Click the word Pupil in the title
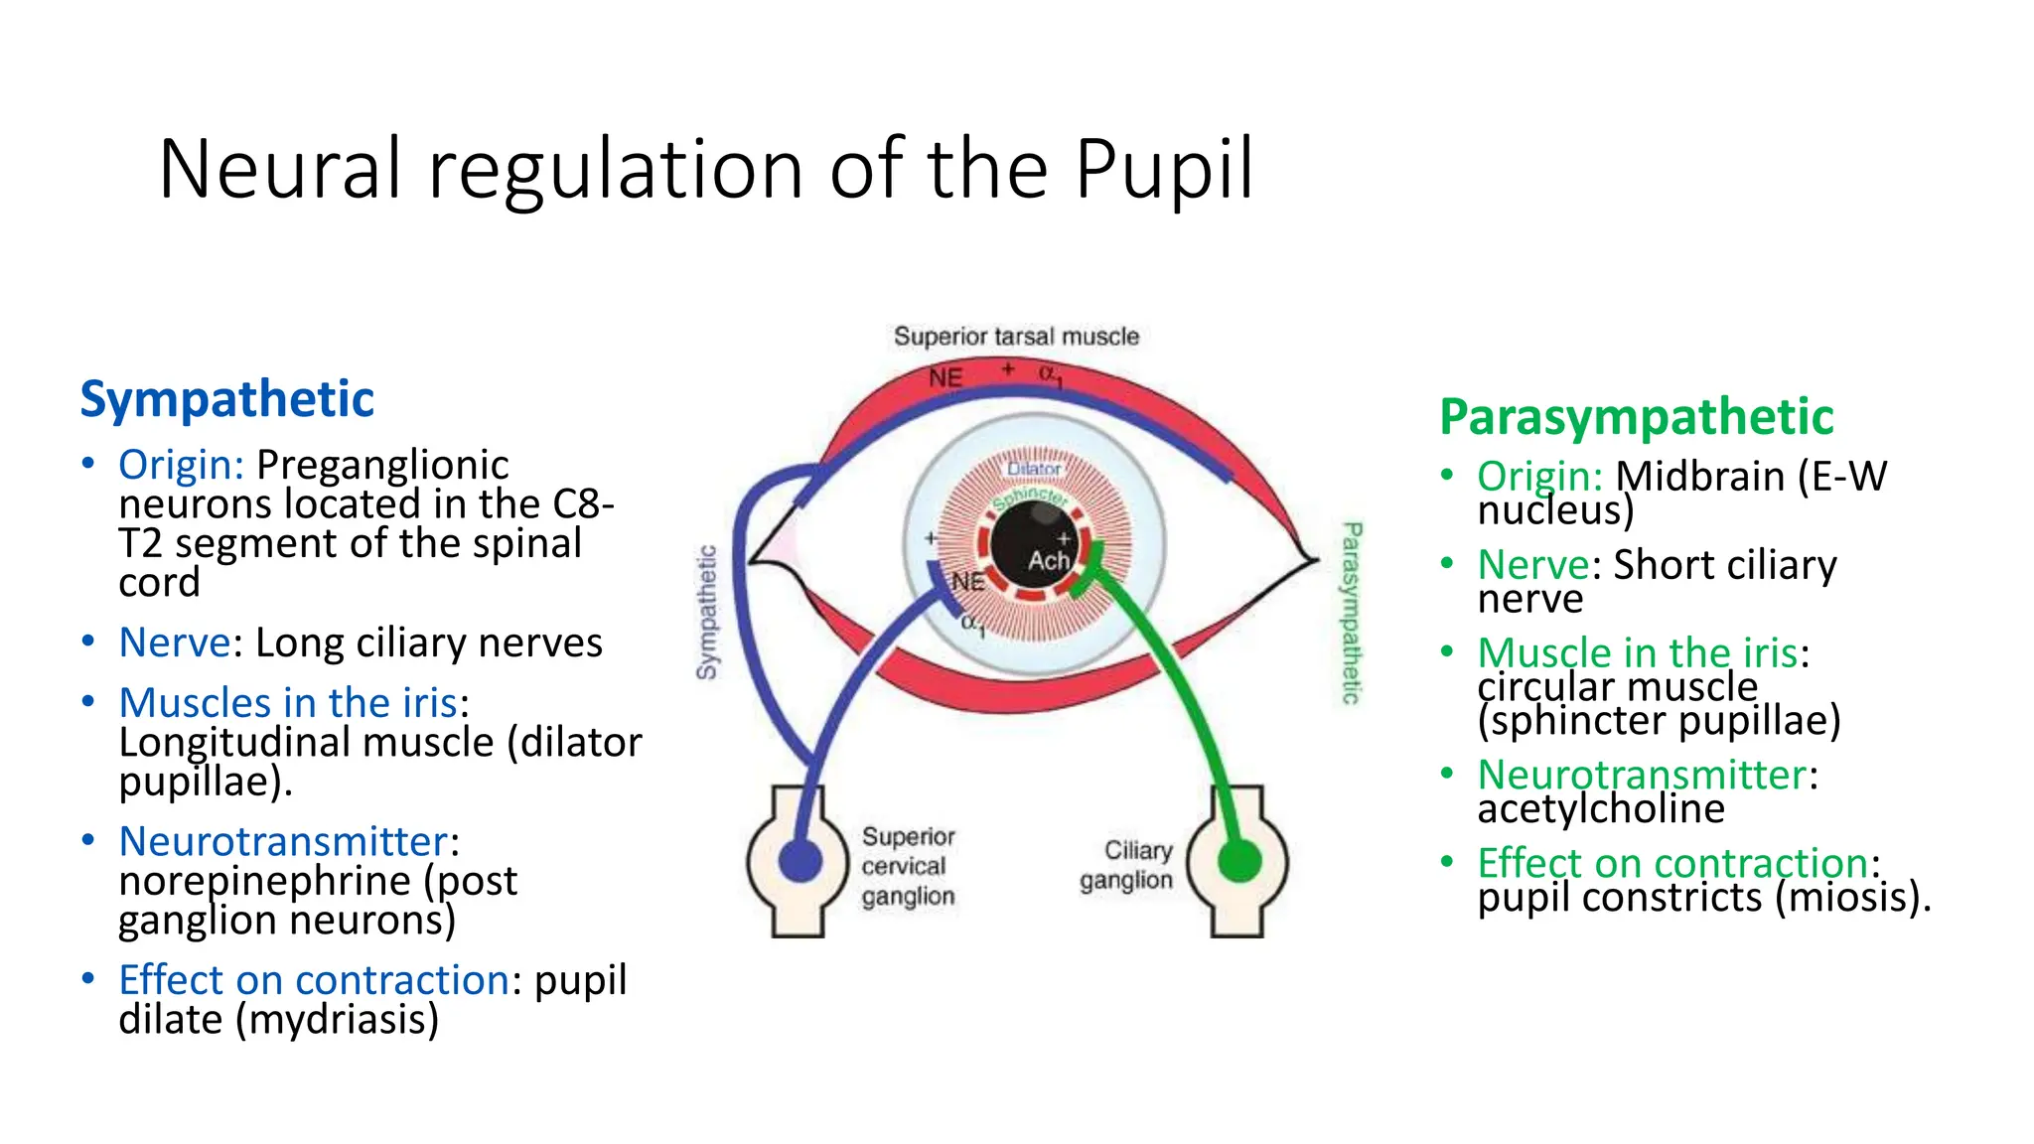(1164, 171)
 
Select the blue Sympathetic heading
(226, 399)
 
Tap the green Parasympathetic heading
(1636, 417)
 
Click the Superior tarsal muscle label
(1016, 337)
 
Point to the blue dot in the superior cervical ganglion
(799, 860)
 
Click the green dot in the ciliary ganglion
(1238, 860)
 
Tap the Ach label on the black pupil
(1048, 561)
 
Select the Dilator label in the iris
(1034, 469)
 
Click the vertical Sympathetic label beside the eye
(706, 613)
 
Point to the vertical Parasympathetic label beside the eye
(1352, 613)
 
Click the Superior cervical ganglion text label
(908, 866)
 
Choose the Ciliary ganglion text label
(1127, 865)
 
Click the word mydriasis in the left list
(336, 1020)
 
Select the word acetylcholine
(1600, 808)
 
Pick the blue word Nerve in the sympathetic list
(175, 643)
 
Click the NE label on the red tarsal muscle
(945, 378)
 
